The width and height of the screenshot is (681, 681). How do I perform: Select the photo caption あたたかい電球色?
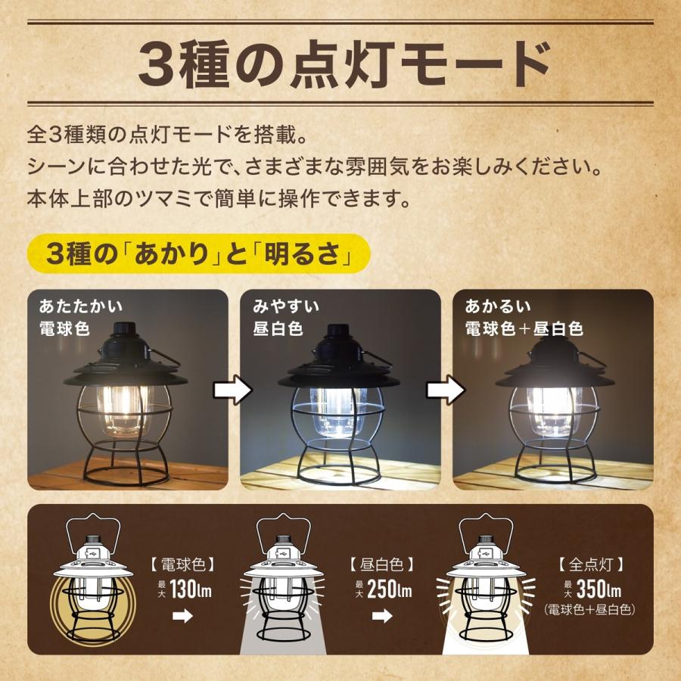(x=81, y=317)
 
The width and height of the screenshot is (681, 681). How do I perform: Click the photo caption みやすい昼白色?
(x=287, y=317)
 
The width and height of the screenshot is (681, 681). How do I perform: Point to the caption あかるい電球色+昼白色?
(x=524, y=317)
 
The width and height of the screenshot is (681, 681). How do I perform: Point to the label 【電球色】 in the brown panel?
(x=182, y=564)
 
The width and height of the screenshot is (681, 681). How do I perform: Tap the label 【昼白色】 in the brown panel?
(x=382, y=564)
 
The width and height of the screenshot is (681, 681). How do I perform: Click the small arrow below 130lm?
(x=182, y=616)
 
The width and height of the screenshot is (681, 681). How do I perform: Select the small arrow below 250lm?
(x=383, y=616)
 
